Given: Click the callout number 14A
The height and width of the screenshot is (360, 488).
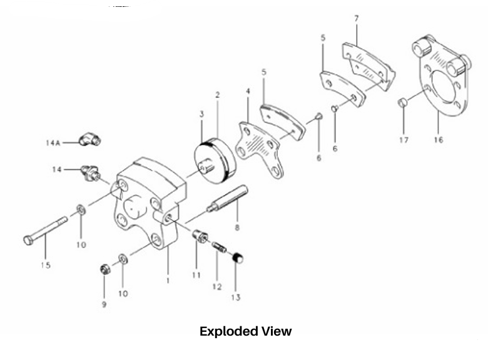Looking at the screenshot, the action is coord(53,142).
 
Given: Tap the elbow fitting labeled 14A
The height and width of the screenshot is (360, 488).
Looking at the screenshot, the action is coord(90,139).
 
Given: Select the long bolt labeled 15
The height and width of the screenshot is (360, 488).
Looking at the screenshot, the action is coord(46,231).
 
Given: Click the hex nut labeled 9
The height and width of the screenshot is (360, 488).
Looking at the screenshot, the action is coord(106,269).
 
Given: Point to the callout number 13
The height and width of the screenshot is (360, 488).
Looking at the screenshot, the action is coord(236,297).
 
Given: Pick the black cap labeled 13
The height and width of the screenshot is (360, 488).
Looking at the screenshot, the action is coord(238,257).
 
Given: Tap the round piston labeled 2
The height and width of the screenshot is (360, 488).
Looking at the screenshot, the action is coord(215,161).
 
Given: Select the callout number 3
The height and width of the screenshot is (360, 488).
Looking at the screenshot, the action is coord(201,114).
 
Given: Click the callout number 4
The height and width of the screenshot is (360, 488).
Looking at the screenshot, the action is coord(248,91).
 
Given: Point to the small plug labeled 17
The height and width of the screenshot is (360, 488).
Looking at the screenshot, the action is coord(403,102).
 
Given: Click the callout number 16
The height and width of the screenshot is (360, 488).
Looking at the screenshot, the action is coord(438,140).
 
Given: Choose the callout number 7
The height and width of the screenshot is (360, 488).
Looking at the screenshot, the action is coord(357,19).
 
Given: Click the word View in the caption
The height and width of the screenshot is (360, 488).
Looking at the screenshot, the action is coord(277,331).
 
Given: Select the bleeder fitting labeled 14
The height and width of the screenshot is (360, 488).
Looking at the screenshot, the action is coord(91,173).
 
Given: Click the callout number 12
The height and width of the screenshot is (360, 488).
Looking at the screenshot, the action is coord(217,287).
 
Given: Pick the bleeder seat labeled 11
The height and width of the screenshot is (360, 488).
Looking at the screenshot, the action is coord(200,237).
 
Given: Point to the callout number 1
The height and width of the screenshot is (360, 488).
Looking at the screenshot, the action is coord(168,281).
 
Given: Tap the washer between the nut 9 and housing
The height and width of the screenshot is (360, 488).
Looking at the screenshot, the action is coord(123,259).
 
